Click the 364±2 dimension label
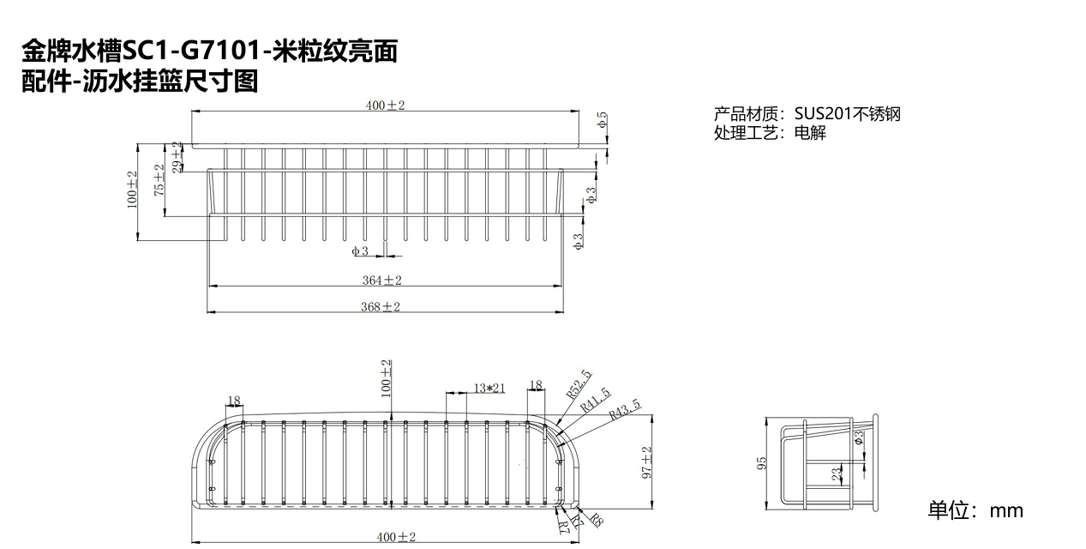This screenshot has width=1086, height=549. [382, 281]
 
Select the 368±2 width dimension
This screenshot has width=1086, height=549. [381, 307]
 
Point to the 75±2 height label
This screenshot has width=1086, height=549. [159, 180]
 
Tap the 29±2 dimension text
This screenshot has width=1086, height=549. [178, 157]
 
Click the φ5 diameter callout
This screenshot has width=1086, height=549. [602, 119]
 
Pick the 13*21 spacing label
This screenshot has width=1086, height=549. [489, 388]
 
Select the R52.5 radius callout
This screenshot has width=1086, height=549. [579, 384]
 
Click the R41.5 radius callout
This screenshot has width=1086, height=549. [596, 400]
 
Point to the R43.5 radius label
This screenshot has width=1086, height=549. [625, 409]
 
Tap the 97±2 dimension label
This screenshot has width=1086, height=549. [647, 462]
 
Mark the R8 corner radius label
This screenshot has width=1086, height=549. [597, 520]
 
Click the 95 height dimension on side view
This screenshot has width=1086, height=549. [762, 463]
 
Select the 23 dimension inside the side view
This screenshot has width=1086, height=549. [837, 474]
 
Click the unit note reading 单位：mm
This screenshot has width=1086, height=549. [975, 510]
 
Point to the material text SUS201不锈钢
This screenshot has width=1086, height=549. [847, 114]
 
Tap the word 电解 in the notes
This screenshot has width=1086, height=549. [810, 132]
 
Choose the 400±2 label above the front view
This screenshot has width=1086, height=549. [385, 105]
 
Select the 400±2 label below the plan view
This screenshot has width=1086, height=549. [396, 537]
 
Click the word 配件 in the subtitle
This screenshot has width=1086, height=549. [46, 81]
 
